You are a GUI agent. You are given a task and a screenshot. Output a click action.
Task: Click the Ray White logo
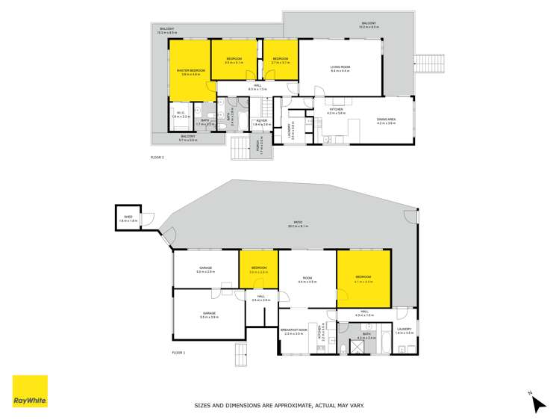point(30,392)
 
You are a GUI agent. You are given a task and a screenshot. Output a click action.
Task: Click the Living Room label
point(340,68)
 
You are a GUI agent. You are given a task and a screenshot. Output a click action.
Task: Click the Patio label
point(297,223)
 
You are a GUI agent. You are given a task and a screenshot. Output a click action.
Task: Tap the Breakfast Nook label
point(293,331)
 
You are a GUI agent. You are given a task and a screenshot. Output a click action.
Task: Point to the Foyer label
point(262,121)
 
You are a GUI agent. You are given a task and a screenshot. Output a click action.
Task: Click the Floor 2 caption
point(157,158)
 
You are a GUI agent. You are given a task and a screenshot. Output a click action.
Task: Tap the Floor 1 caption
point(178,352)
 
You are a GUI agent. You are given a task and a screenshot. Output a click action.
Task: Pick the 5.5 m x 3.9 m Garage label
point(209,314)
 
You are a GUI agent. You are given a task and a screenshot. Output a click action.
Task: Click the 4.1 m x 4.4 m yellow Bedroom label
point(363,279)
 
